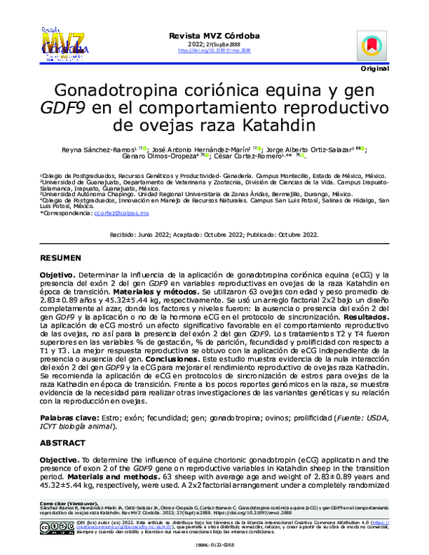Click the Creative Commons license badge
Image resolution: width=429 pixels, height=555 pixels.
click(x=55, y=528)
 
